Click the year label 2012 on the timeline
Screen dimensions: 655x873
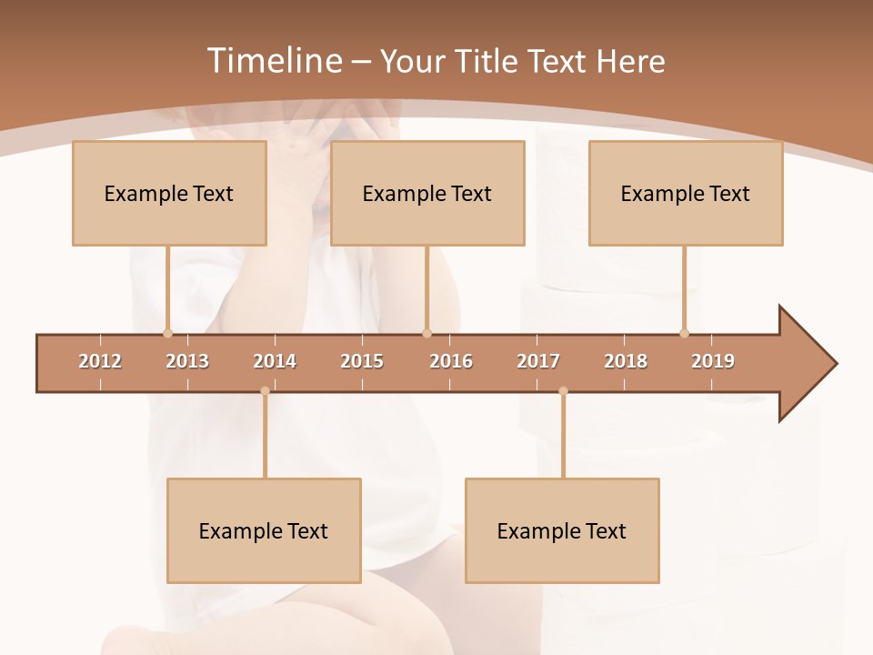100,361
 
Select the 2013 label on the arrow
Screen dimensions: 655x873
187,361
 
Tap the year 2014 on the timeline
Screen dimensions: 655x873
275,361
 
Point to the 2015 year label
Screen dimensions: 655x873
362,361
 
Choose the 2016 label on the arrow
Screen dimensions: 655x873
451,361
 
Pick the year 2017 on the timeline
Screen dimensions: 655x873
538,361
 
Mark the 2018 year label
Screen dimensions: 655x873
626,361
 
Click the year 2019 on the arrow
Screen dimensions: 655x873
713,361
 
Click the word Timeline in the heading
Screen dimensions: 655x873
272,61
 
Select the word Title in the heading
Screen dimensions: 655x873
488,61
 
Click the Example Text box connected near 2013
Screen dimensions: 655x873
169,193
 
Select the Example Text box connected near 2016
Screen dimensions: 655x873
427,193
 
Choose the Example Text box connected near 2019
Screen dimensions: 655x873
686,193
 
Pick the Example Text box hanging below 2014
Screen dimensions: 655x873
264,530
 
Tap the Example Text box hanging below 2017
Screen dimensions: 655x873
562,530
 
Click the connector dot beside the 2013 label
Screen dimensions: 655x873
167,333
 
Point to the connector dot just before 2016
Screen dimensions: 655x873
426,333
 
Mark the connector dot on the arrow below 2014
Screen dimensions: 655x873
265,391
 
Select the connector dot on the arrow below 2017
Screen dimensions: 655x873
563,391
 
